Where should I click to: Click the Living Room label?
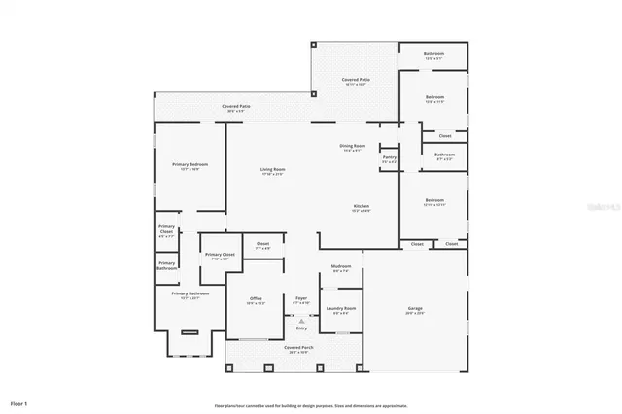(272, 170)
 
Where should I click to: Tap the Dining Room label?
(352, 146)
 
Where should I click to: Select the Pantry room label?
(389, 156)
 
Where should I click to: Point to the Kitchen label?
(361, 206)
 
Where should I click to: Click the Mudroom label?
(340, 267)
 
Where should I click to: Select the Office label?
(256, 299)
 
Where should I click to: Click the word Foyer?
(301, 298)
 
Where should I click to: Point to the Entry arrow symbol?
(301, 318)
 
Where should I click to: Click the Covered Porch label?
(298, 348)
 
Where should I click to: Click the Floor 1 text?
(19, 401)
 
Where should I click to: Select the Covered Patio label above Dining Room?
(355, 80)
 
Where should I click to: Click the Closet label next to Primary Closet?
(262, 244)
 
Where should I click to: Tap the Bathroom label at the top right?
(434, 54)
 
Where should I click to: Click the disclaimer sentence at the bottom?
(311, 405)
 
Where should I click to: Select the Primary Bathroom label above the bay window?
(190, 293)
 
